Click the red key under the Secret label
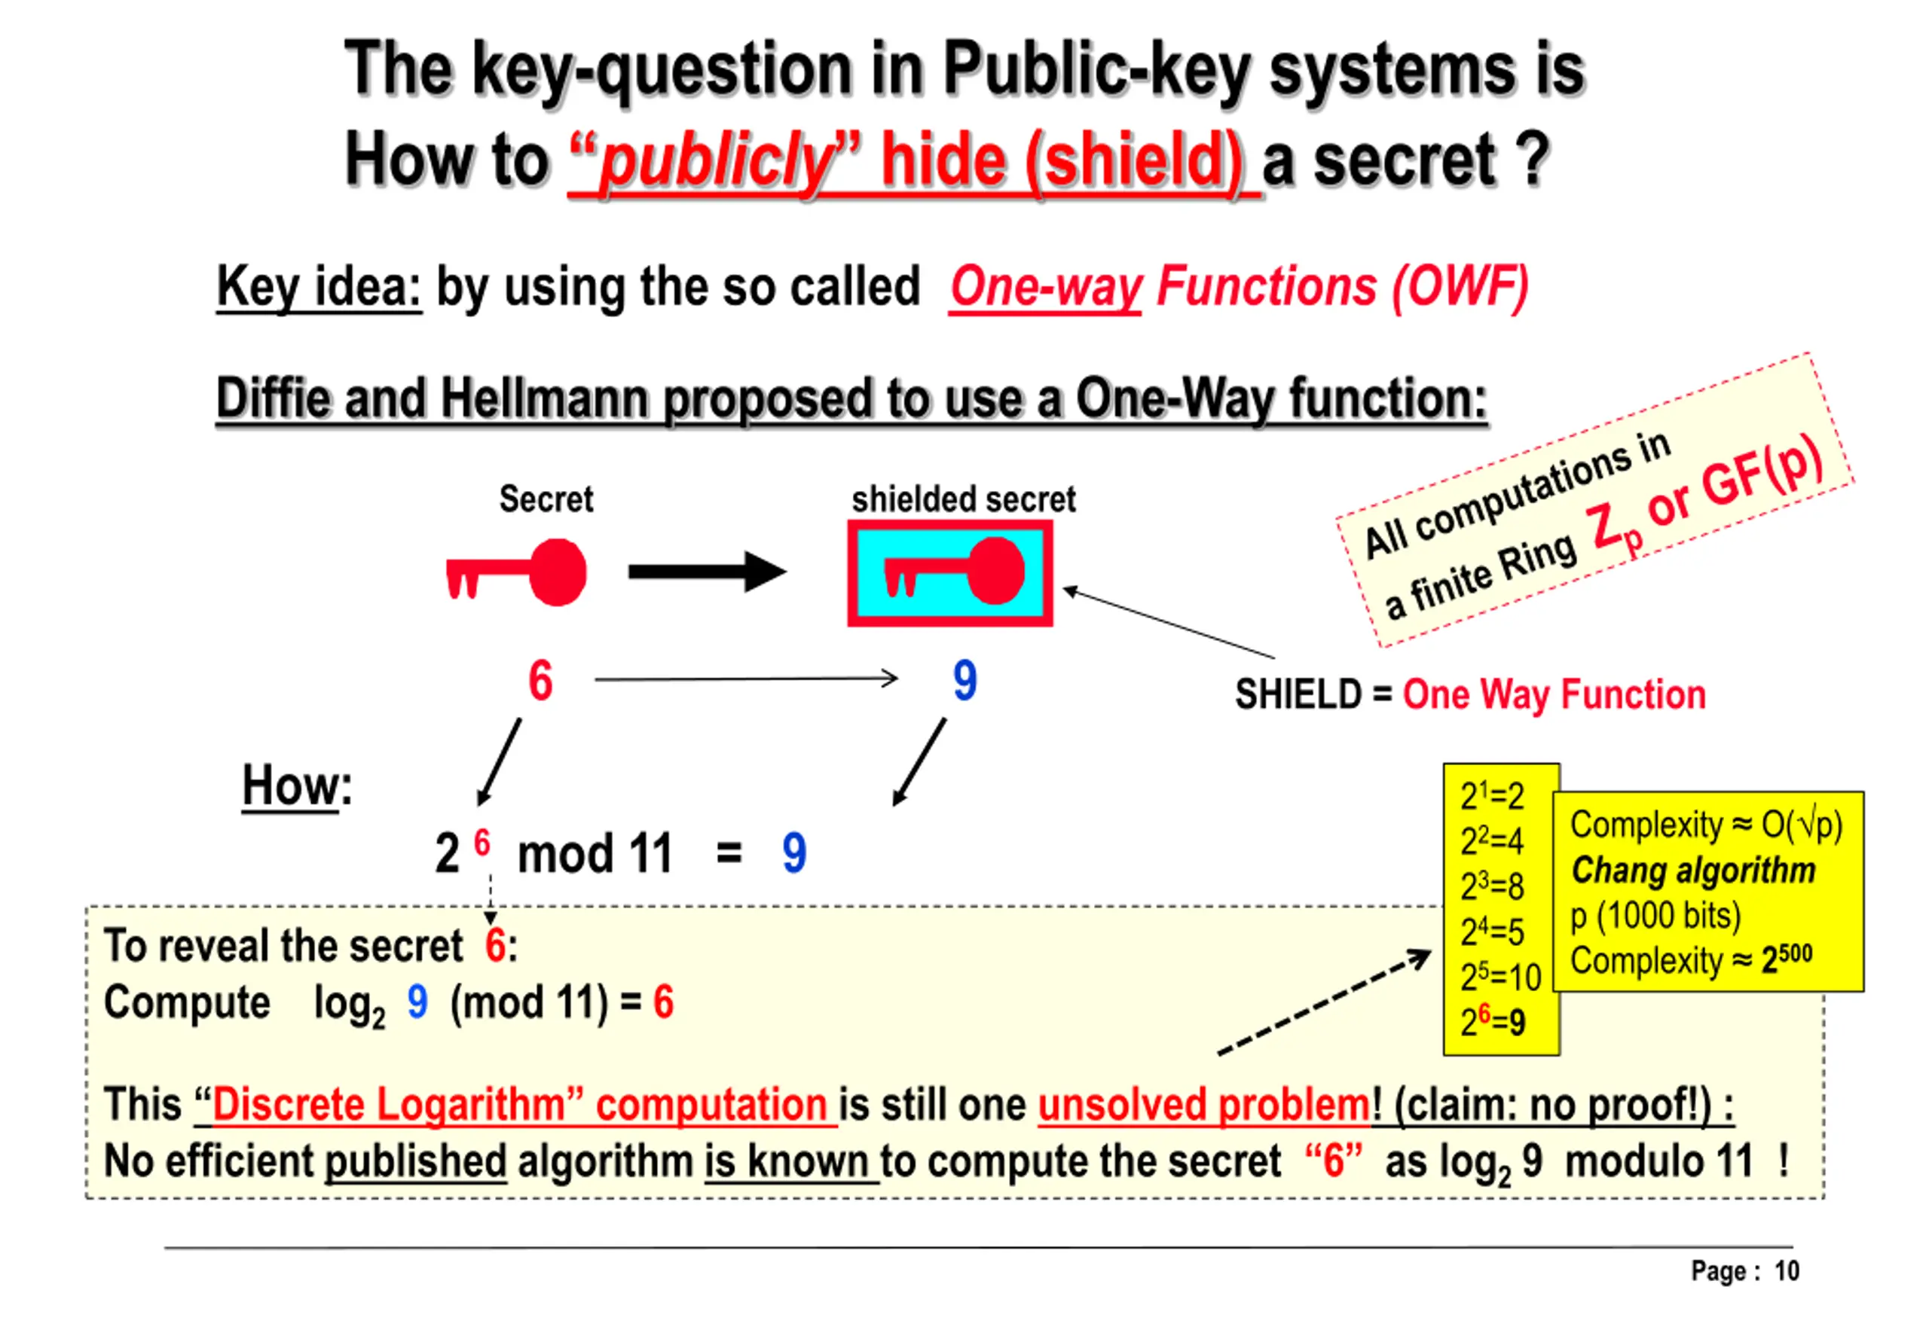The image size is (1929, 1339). pos(516,572)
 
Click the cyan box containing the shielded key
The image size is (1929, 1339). pos(949,573)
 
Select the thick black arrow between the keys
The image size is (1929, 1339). pos(705,572)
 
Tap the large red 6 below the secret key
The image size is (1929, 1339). pos(540,679)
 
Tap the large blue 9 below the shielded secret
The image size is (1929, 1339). pos(964,679)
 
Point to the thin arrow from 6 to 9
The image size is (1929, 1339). pos(745,679)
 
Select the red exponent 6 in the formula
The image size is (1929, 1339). pos(481,842)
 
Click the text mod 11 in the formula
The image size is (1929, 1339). pos(595,854)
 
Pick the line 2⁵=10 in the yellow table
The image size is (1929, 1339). pos(1500,977)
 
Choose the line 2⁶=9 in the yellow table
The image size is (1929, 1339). pos(1493,1021)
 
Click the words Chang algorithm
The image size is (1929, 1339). pos(1692,870)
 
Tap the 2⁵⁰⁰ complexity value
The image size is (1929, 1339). pos(1787,958)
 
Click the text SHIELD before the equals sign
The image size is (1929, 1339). pos(1298,694)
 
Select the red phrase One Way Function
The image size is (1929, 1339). pos(1554,694)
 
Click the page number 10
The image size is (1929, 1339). pos(1787,1271)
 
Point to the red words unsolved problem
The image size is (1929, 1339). pos(1203,1104)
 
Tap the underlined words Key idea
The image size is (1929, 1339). pos(318,287)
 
